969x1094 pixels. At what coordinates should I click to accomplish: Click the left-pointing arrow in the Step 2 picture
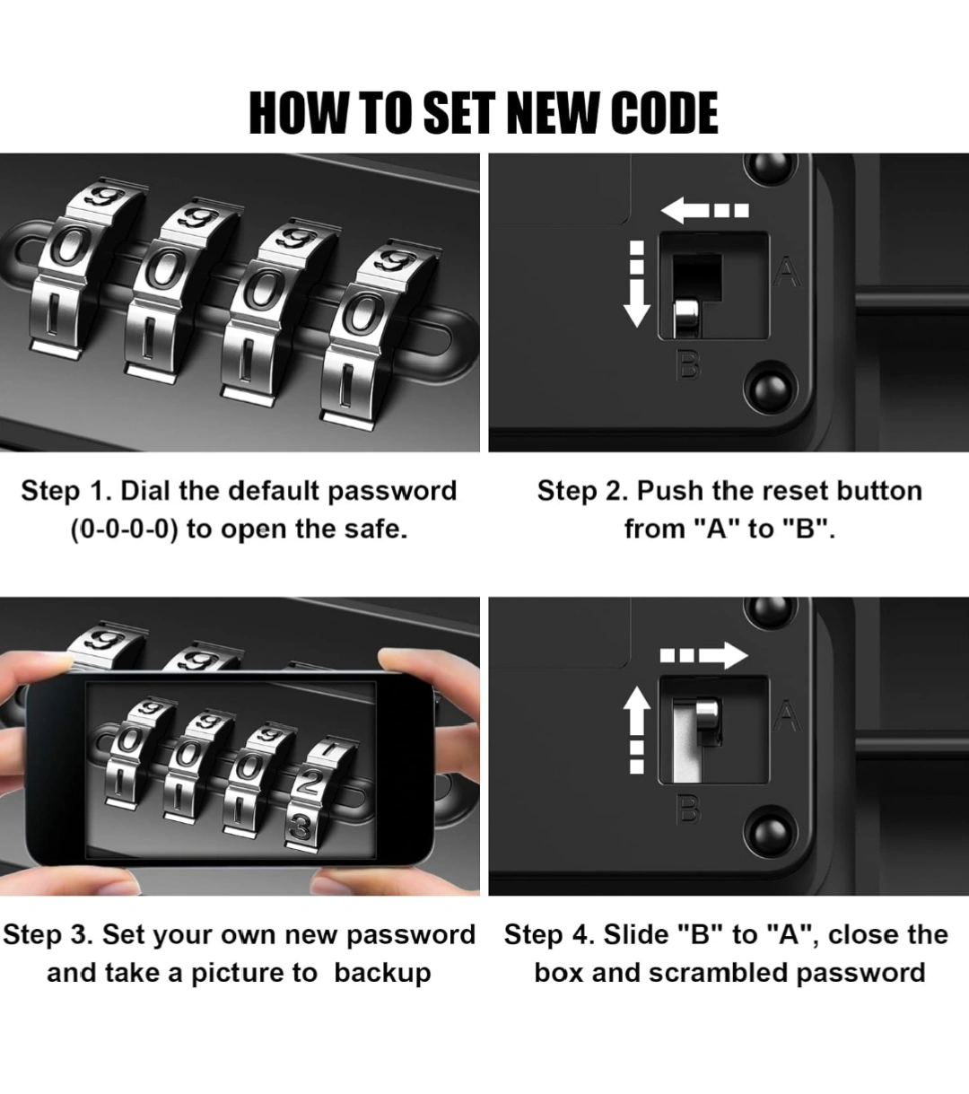point(704,210)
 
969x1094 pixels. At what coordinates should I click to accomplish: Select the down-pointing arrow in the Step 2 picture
point(637,284)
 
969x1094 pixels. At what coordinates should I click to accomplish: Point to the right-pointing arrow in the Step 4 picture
point(704,655)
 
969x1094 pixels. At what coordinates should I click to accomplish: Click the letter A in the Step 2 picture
point(787,272)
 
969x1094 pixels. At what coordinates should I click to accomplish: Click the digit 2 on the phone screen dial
point(308,783)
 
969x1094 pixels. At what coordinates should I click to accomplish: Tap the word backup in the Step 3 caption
point(382,973)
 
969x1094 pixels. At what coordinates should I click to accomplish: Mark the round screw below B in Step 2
point(772,389)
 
